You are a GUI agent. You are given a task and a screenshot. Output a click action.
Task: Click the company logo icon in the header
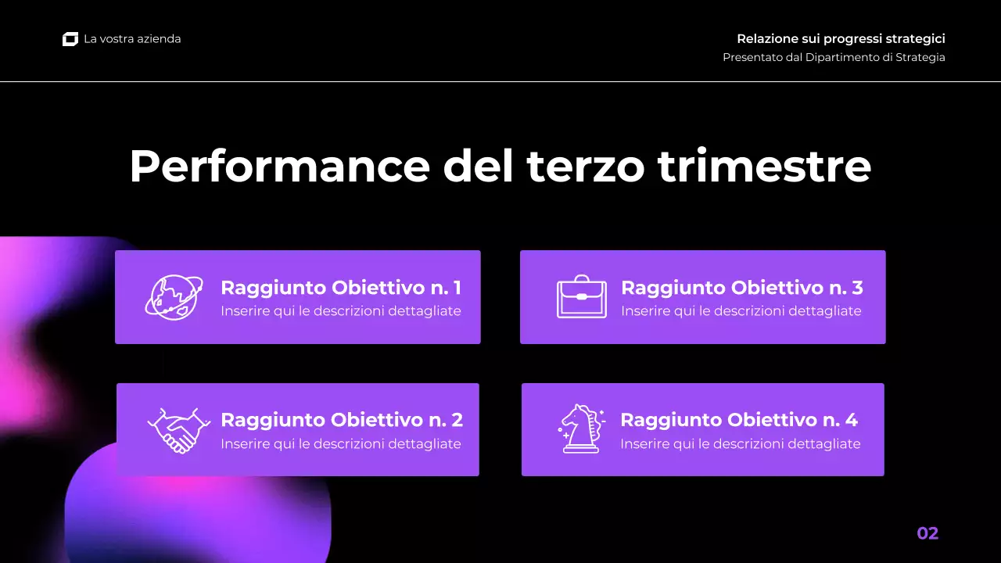(x=70, y=39)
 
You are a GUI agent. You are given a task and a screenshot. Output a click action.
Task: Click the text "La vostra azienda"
(x=132, y=39)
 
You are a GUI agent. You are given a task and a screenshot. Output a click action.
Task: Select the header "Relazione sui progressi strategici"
(x=841, y=39)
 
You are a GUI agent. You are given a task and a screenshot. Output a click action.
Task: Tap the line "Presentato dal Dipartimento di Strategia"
(x=834, y=57)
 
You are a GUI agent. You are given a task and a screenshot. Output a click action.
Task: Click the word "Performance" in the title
(x=279, y=166)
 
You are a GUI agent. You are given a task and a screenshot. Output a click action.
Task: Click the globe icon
(x=174, y=297)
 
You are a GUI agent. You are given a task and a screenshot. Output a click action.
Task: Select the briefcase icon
(x=581, y=297)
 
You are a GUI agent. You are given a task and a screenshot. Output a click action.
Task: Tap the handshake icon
(x=178, y=429)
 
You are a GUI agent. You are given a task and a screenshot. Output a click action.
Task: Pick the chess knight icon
(x=581, y=429)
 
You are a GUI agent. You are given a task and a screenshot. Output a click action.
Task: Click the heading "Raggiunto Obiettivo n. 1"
(x=341, y=288)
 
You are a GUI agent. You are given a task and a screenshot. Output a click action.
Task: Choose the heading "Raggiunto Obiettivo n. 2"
(x=342, y=420)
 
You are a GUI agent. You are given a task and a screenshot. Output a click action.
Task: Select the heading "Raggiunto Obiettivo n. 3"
(x=741, y=288)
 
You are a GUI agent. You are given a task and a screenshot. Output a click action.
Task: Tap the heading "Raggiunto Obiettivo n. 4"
(x=739, y=420)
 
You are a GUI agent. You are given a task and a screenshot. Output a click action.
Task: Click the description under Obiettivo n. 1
(x=341, y=311)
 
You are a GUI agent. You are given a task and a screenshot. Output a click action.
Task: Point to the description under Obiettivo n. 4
(x=741, y=444)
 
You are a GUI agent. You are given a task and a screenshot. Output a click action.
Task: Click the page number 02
(x=927, y=533)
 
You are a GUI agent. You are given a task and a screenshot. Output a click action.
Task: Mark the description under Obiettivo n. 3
(x=741, y=311)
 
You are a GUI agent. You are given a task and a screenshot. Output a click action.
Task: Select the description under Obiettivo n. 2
(x=341, y=444)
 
